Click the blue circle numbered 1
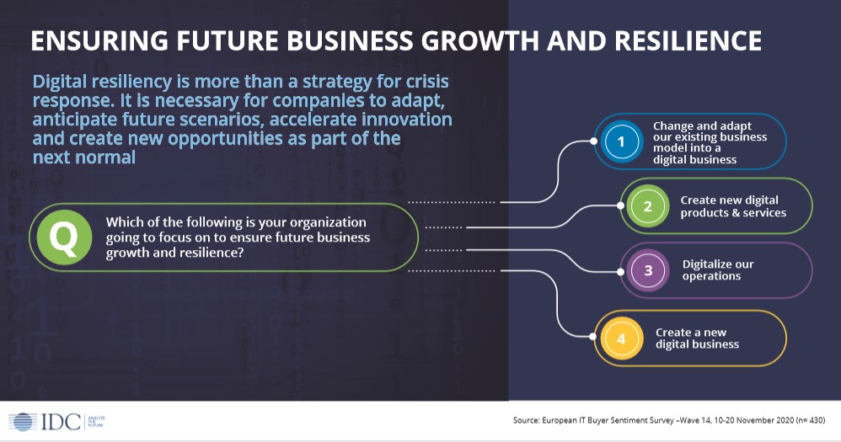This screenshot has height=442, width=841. (x=622, y=142)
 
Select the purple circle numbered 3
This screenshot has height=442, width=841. (x=648, y=270)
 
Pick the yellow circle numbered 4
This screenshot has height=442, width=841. (x=622, y=338)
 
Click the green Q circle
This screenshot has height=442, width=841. (x=63, y=237)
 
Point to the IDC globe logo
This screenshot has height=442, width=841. (x=23, y=423)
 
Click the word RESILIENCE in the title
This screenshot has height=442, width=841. (x=679, y=41)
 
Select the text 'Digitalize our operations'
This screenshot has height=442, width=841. (x=717, y=270)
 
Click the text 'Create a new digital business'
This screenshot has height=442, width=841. (x=697, y=338)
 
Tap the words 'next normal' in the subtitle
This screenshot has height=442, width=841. (x=83, y=157)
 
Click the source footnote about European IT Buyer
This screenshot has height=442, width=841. (x=657, y=420)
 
